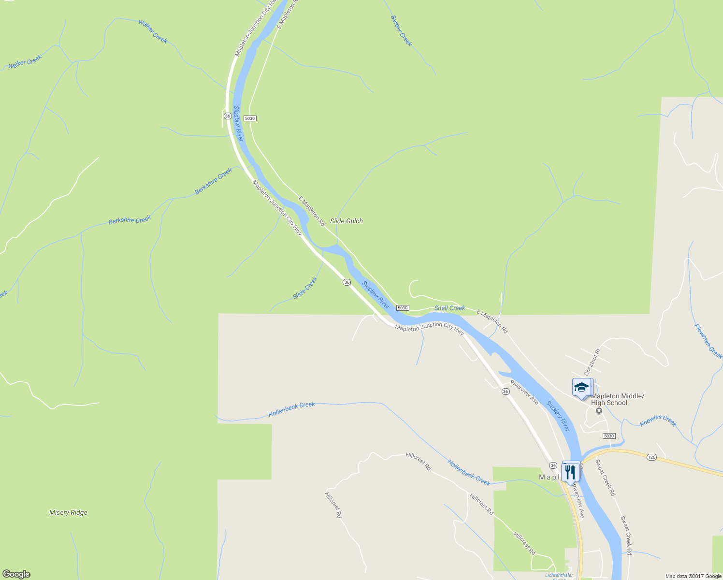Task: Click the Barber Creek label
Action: click(x=401, y=31)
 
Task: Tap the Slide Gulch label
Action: click(x=346, y=221)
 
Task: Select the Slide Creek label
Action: click(x=305, y=288)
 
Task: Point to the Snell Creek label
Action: click(x=449, y=308)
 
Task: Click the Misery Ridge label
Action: click(x=68, y=512)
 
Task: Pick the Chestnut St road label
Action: click(x=592, y=362)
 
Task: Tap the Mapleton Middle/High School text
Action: click(x=617, y=399)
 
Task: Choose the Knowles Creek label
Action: click(x=658, y=421)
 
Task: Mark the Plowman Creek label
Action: click(x=708, y=341)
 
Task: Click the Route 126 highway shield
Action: click(x=651, y=457)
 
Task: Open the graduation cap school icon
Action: click(x=581, y=388)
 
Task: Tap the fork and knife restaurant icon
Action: click(x=571, y=471)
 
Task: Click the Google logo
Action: click(x=16, y=574)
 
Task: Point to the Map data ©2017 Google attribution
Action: click(x=693, y=576)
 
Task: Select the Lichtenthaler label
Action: click(x=559, y=575)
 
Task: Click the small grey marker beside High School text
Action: click(x=599, y=411)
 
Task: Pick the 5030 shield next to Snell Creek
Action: click(x=403, y=308)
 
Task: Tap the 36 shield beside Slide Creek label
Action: click(x=347, y=282)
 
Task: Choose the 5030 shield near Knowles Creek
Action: click(x=609, y=436)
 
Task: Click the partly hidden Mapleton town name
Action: click(x=550, y=477)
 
